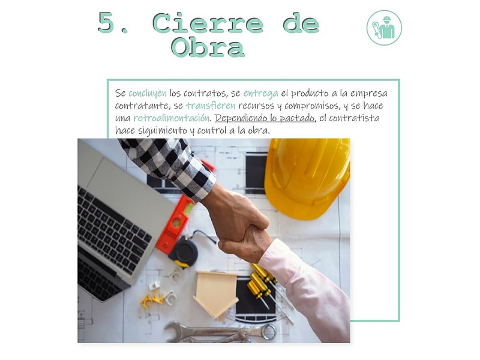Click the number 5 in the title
click(106, 23)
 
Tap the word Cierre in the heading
click(208, 23)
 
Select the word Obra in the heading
click(208, 47)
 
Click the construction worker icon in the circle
click(384, 28)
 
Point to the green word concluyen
click(148, 93)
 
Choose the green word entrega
click(260, 94)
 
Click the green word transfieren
click(211, 106)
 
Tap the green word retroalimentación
click(172, 118)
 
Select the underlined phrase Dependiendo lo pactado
click(265, 118)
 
